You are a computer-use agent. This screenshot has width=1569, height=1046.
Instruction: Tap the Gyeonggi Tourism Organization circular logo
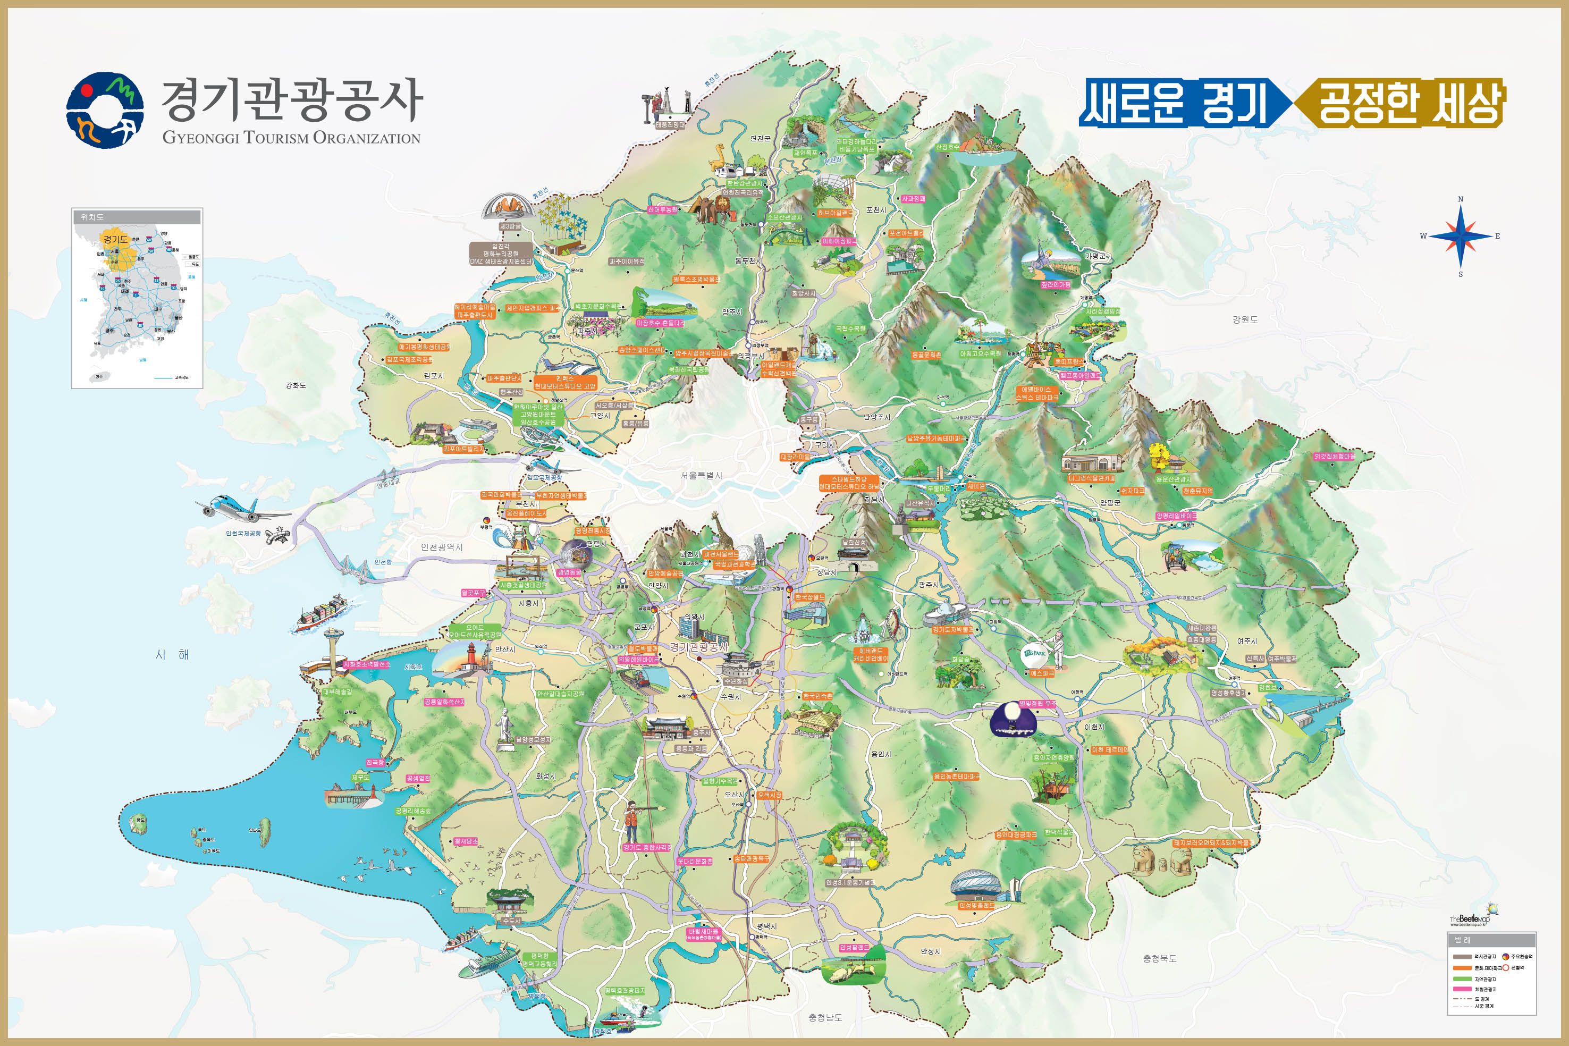click(x=105, y=109)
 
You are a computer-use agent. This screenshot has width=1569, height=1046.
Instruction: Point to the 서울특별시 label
click(x=701, y=476)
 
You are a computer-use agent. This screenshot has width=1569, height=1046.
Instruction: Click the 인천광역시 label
click(x=442, y=547)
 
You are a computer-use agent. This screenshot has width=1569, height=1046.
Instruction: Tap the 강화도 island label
click(x=296, y=385)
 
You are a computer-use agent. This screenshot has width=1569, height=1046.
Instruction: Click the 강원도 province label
click(x=1245, y=319)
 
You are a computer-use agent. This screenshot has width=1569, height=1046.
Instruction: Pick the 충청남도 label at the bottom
click(x=825, y=1017)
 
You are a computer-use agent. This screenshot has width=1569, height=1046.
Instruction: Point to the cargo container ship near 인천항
click(x=322, y=613)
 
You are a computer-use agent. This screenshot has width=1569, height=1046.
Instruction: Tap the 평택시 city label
click(x=766, y=926)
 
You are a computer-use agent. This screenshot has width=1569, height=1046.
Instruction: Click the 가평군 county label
click(x=1095, y=256)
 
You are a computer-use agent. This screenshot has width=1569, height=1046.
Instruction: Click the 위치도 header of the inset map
click(x=92, y=217)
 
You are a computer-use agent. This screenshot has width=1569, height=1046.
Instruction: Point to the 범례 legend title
click(x=1462, y=940)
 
